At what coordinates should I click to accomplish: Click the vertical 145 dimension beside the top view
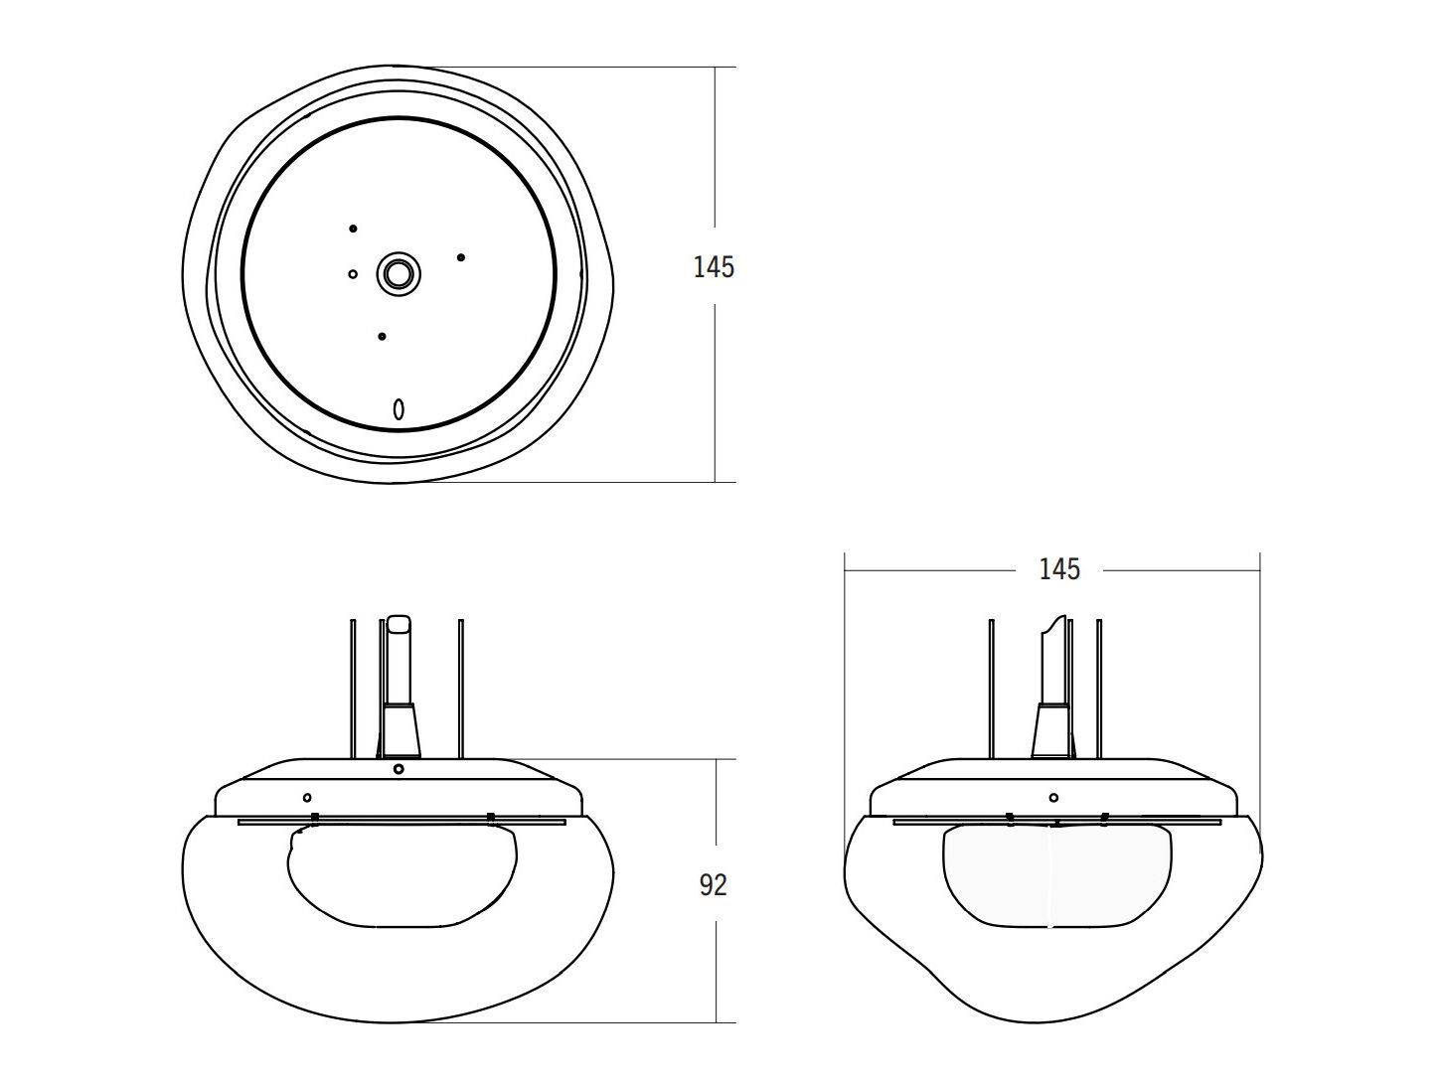714,267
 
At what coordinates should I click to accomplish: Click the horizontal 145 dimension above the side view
1058,569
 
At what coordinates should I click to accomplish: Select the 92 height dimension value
713,884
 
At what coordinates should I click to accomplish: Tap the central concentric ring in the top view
399,273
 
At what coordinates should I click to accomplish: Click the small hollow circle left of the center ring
353,274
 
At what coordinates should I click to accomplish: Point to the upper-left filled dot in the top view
353,230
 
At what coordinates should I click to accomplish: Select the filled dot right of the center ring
461,257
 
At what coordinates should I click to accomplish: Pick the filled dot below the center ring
382,337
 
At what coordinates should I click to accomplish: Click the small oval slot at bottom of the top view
399,408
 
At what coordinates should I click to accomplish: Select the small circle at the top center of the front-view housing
399,768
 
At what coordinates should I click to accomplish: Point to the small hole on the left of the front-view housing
307,797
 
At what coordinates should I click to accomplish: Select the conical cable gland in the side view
1050,730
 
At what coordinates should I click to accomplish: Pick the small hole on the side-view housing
1053,797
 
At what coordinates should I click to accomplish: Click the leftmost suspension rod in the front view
353,686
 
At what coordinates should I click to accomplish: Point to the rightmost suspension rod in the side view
1099,686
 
